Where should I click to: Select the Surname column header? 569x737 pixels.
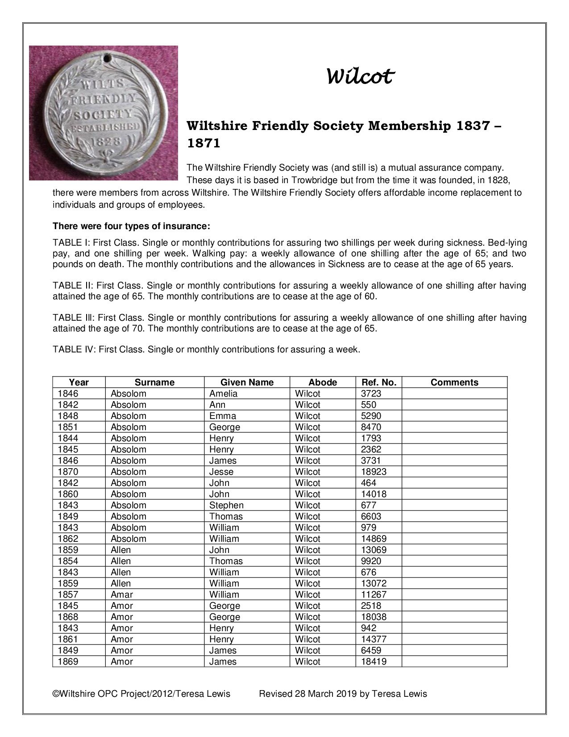point(154,382)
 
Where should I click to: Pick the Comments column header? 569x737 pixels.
point(454,382)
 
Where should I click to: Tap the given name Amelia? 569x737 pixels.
point(223,394)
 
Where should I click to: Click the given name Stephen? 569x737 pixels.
point(226,505)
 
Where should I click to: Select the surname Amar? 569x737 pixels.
point(121,595)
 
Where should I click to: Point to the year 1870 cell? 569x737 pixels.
point(68,472)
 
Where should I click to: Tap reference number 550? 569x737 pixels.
point(368,405)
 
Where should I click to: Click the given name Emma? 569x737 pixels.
point(223,416)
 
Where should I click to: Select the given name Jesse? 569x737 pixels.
point(221,472)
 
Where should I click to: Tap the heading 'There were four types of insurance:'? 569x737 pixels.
point(131,226)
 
